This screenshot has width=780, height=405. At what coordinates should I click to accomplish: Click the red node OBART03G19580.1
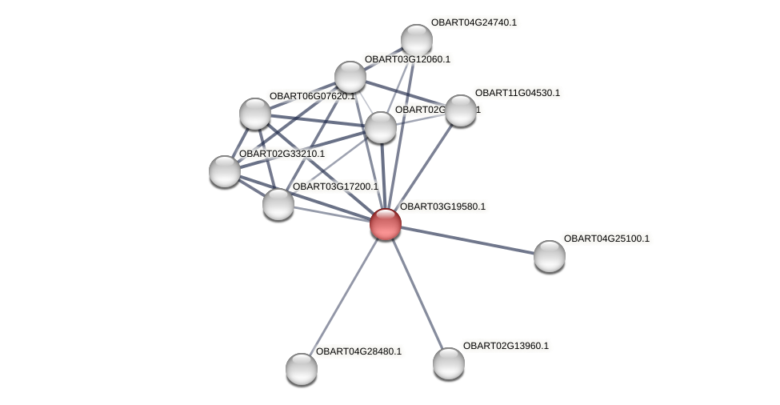(x=385, y=224)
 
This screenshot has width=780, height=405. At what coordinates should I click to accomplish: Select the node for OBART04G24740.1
(x=416, y=40)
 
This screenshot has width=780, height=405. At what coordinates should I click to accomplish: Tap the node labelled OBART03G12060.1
(x=350, y=77)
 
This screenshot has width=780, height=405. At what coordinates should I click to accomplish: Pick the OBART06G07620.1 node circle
(x=254, y=114)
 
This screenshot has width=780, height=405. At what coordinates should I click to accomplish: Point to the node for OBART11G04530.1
(x=460, y=110)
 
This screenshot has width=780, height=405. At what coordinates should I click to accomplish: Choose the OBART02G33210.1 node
(x=224, y=171)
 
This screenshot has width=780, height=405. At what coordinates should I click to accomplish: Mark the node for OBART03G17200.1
(x=278, y=204)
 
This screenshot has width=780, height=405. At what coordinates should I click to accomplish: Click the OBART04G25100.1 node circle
(x=549, y=256)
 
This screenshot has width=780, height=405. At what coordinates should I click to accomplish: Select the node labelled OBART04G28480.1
(x=301, y=369)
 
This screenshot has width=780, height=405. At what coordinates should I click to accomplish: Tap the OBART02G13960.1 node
(x=448, y=363)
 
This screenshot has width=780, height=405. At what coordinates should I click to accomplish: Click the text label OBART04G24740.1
(x=474, y=22)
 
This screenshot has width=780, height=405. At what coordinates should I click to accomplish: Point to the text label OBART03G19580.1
(x=442, y=207)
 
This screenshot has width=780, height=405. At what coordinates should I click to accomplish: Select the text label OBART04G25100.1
(x=606, y=239)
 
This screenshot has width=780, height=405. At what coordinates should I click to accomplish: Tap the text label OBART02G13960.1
(x=506, y=346)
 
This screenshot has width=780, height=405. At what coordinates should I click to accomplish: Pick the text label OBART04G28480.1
(x=358, y=351)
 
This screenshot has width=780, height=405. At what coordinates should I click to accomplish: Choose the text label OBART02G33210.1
(x=282, y=154)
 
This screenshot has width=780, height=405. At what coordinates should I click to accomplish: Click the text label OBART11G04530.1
(x=518, y=93)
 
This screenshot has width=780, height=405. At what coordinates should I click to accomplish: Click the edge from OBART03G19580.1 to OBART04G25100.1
(x=467, y=240)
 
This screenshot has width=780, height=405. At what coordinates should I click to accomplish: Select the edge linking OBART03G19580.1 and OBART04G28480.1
(x=342, y=297)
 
